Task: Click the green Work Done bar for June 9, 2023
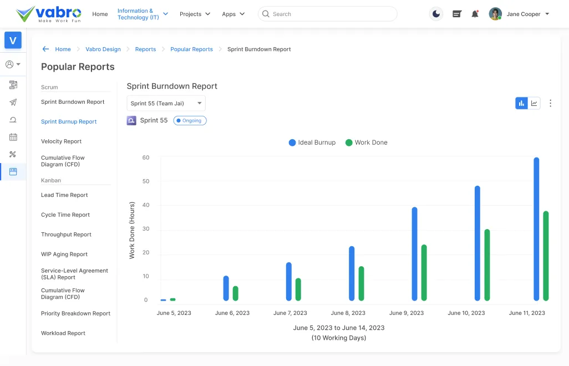424,272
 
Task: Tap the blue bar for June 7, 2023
289,281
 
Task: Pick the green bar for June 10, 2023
487,265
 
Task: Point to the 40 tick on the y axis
146,205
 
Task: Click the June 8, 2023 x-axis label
348,313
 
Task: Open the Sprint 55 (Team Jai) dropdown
166,103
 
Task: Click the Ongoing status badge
190,120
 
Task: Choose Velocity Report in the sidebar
61,141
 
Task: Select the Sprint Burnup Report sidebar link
69,121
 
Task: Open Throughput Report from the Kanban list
66,235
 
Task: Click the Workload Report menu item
63,333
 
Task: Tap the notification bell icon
475,14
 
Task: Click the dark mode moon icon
436,14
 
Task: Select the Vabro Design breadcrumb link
103,49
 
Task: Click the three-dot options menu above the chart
550,103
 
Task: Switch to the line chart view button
534,103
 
